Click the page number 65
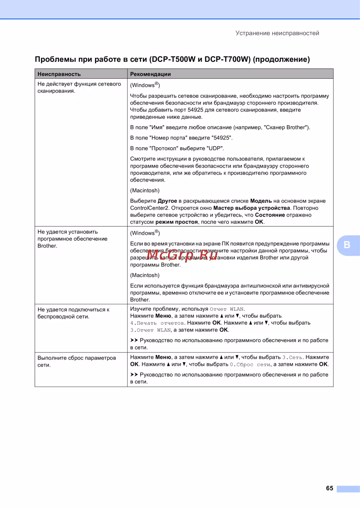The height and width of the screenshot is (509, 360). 329,488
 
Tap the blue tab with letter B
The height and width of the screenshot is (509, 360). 347,245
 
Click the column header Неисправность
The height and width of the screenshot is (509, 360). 59,74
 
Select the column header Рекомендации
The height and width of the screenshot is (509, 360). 150,74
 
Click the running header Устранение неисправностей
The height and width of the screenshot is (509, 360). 277,33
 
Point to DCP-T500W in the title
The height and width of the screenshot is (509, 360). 174,59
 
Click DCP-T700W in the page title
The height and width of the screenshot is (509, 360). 227,59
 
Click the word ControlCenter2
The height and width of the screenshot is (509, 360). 149,208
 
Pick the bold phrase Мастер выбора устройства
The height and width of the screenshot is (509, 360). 252,208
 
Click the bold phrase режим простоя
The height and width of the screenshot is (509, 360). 176,222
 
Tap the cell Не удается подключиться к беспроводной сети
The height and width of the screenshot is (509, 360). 73,313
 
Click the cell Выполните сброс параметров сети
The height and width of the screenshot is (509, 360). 76,361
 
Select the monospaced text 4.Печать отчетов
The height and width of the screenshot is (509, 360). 158,323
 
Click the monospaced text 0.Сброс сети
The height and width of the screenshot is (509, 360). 250,364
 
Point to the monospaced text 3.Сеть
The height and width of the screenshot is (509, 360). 293,358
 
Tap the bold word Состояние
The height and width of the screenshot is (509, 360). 270,215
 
